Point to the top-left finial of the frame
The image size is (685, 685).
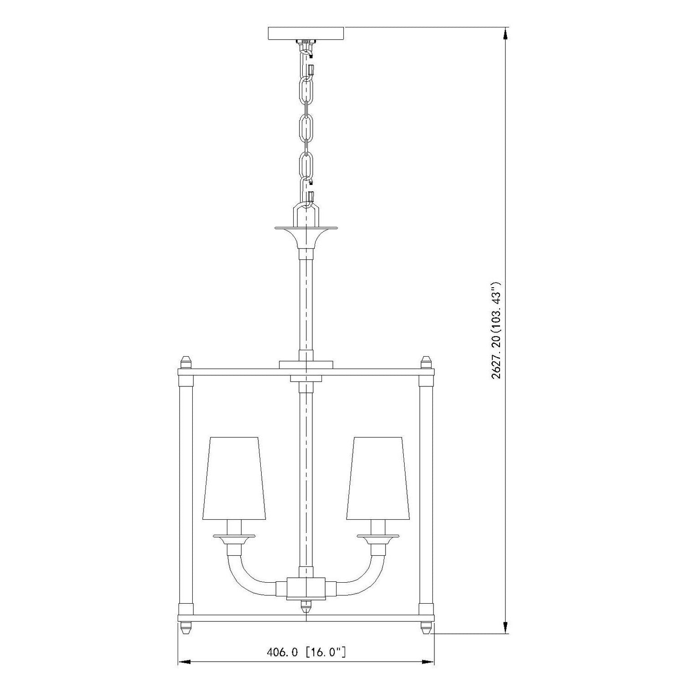pyautogui.click(x=185, y=363)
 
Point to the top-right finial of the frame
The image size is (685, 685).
pyautogui.click(x=426, y=363)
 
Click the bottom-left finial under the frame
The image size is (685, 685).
pyautogui.click(x=185, y=627)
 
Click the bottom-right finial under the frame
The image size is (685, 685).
pyautogui.click(x=426, y=627)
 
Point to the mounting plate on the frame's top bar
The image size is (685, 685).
pyautogui.click(x=306, y=364)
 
